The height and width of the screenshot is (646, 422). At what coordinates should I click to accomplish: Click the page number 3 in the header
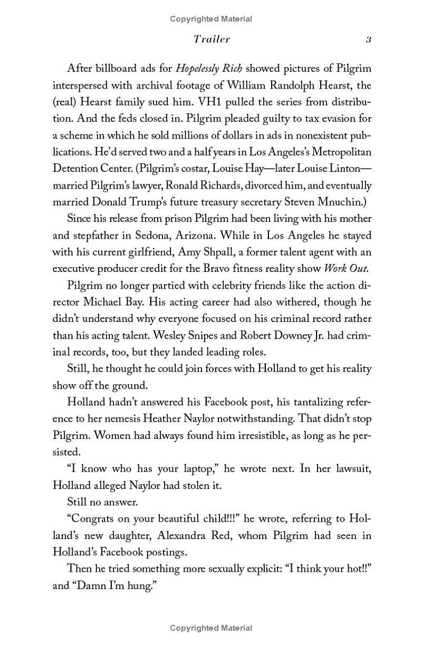pyautogui.click(x=369, y=40)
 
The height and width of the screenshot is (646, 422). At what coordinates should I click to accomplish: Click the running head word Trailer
pyautogui.click(x=212, y=40)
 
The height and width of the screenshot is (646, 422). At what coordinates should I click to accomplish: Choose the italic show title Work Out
pyautogui.click(x=346, y=268)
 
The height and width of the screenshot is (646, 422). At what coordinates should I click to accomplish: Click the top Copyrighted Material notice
pyautogui.click(x=211, y=19)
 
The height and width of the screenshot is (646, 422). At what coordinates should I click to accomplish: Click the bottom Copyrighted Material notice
pyautogui.click(x=211, y=628)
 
